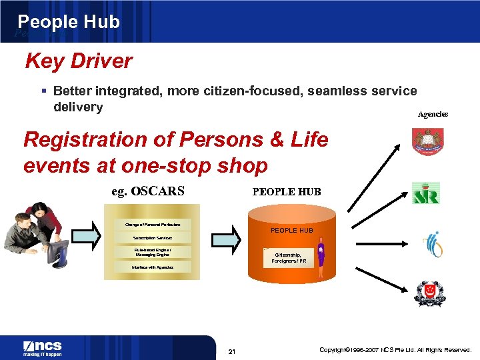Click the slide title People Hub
point(69,22)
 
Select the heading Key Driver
point(79,61)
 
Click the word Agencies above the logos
point(433,114)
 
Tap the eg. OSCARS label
point(148,191)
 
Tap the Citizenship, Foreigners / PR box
point(287,258)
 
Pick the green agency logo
point(425,193)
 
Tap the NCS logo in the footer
point(43,348)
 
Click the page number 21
point(232,351)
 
